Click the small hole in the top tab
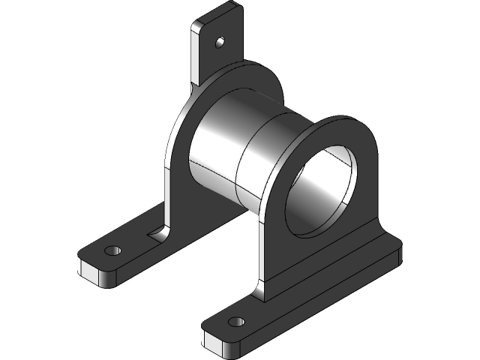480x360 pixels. click(220, 42)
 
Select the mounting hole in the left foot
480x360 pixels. click(113, 249)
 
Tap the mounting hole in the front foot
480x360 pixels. click(238, 322)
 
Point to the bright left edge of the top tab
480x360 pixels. click(196, 52)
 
